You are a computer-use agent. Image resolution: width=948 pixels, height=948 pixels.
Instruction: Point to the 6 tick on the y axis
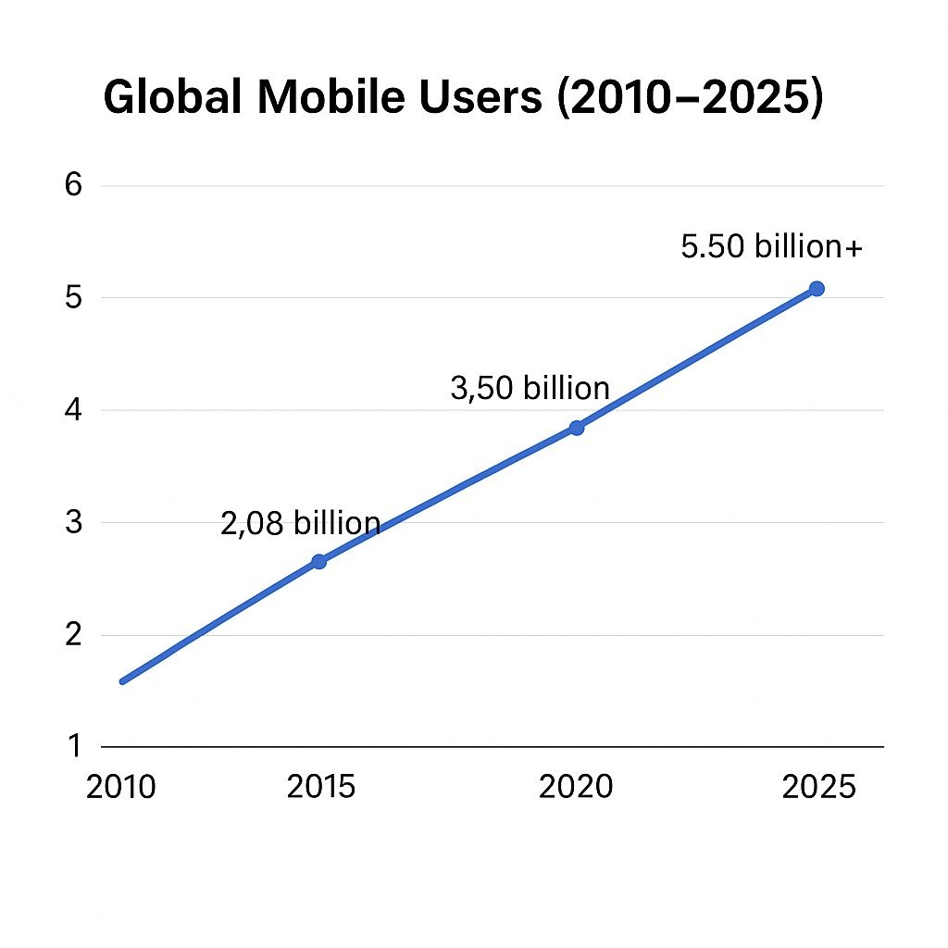[73, 185]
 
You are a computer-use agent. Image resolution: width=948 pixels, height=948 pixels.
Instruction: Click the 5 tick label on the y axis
[73, 298]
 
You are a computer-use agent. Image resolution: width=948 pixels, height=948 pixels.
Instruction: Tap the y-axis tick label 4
[73, 410]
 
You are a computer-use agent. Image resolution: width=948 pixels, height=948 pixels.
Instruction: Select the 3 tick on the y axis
[73, 523]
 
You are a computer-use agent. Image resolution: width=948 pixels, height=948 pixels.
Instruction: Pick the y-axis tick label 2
[73, 635]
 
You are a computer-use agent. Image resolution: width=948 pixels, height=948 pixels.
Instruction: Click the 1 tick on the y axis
[73, 746]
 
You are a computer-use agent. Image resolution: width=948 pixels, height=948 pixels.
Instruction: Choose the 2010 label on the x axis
[121, 787]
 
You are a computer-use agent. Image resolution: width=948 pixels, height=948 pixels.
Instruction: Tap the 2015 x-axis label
[321, 787]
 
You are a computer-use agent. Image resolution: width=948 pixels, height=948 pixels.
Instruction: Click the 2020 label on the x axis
[576, 787]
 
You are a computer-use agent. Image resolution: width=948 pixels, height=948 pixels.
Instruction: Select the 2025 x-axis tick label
[819, 787]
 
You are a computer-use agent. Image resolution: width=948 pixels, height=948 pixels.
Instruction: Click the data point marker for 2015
[318, 562]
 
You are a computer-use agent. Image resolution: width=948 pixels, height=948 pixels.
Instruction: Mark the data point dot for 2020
[577, 428]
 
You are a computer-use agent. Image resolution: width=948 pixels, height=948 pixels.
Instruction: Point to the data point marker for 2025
[817, 289]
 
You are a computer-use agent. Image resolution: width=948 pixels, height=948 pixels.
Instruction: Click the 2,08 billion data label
[301, 524]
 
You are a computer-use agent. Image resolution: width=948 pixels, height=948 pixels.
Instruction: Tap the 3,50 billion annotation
[530, 389]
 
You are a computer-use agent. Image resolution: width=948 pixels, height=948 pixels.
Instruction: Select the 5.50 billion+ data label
[772, 247]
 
